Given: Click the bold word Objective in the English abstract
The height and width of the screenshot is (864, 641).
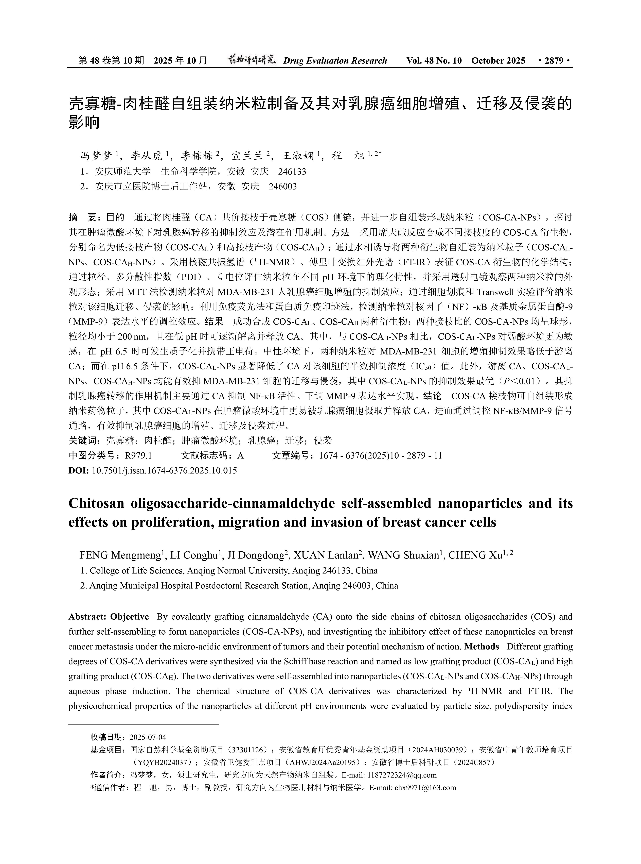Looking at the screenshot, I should click(x=130, y=617).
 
